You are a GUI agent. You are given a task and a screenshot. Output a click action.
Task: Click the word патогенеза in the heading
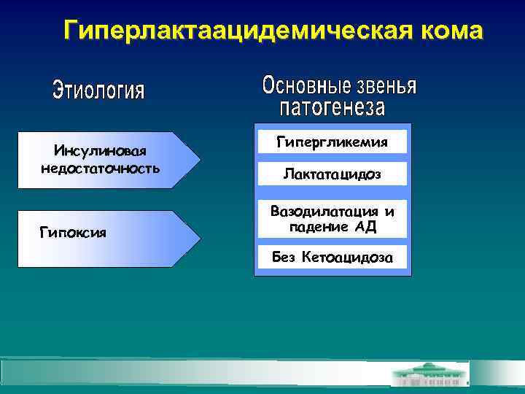pos(332,109)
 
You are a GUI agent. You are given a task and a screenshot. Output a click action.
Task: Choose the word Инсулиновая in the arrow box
pos(101,151)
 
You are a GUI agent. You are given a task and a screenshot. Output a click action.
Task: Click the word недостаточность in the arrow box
pos(101,169)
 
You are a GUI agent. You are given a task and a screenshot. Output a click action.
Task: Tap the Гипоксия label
pos(73,233)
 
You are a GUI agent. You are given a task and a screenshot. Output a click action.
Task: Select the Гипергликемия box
pos(332,142)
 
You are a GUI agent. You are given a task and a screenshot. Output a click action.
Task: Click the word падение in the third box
pos(319,227)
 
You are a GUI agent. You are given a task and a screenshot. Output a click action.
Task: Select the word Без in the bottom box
pos(284,257)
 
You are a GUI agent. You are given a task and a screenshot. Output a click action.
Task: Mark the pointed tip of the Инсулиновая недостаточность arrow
pos(198,160)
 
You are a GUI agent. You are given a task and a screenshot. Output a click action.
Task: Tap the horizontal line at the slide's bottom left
pos(146,359)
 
